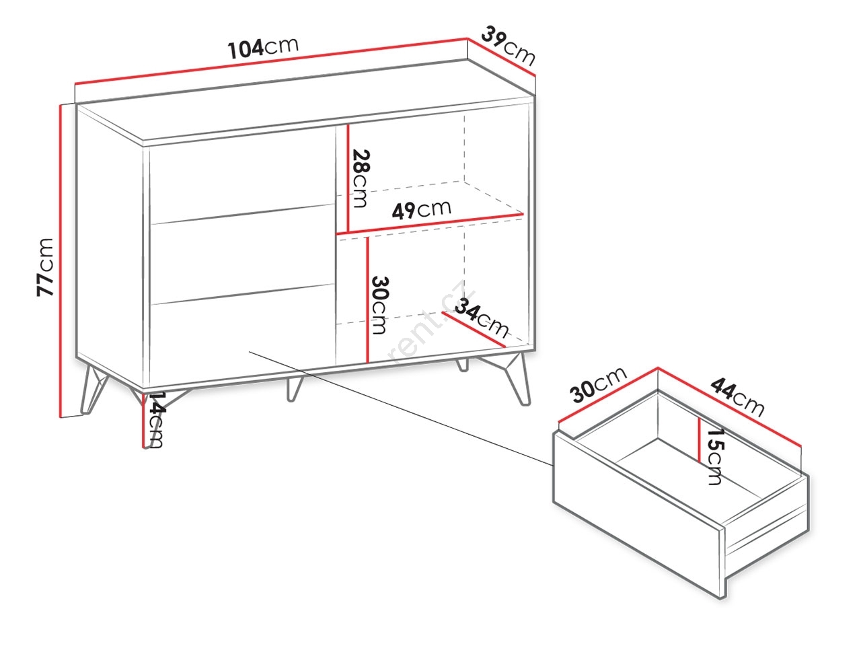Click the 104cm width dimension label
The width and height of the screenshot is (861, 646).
(263, 48)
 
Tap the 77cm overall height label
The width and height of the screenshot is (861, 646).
(44, 266)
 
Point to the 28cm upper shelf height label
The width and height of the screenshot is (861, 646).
(360, 178)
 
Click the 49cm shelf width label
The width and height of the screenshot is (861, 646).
(421, 210)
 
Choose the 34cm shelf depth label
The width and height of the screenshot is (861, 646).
(482, 318)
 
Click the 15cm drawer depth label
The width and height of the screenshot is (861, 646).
(714, 456)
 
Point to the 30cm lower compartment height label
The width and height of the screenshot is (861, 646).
(379, 305)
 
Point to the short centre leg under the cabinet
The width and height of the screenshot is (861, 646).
(294, 389)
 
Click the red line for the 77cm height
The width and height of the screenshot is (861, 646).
(61, 261)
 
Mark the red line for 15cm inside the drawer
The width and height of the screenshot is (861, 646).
(699, 439)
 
